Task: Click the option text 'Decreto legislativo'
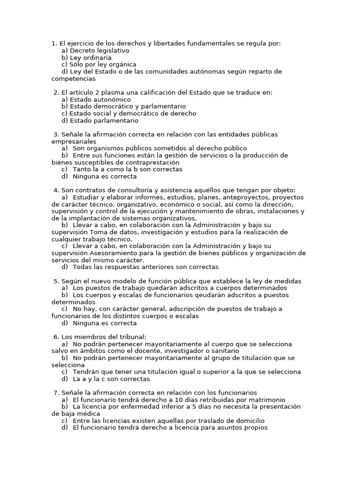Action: [x=99, y=50]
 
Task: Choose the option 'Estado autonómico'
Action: [x=100, y=99]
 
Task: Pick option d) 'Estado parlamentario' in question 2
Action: [x=104, y=120]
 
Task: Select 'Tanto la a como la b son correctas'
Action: [x=127, y=169]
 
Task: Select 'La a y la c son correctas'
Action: [x=112, y=379]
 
